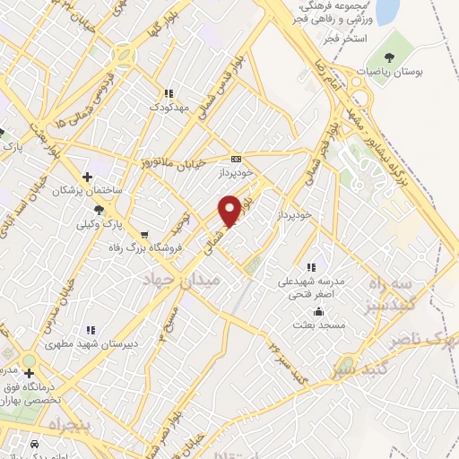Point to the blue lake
(387, 11)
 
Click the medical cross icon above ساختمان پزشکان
(86, 176)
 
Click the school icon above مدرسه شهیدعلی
(310, 267)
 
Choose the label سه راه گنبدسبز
(394, 292)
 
